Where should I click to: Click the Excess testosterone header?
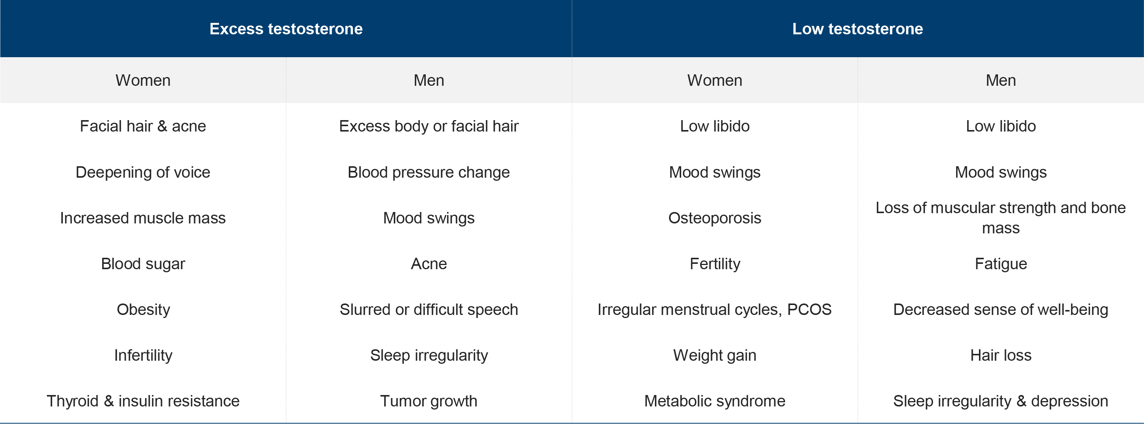pyautogui.click(x=286, y=29)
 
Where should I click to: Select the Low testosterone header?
pyautogui.click(x=858, y=29)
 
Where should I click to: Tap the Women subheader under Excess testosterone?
pyautogui.click(x=143, y=80)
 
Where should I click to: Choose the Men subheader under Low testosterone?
pyautogui.click(x=1001, y=80)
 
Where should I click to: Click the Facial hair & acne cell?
pyautogui.click(x=143, y=126)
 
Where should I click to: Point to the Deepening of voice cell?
pyautogui.click(x=143, y=172)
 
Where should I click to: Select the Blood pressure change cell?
pyautogui.click(x=428, y=172)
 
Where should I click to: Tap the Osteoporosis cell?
pyautogui.click(x=714, y=218)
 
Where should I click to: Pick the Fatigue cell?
pyautogui.click(x=1001, y=264)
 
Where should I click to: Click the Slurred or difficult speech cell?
pyautogui.click(x=428, y=310)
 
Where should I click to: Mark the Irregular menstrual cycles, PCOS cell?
pyautogui.click(x=714, y=310)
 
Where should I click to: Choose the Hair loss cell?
pyautogui.click(x=1001, y=355)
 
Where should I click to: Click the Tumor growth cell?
pyautogui.click(x=428, y=401)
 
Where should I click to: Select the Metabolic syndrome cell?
pyautogui.click(x=714, y=401)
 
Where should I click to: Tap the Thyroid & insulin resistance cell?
pyautogui.click(x=143, y=401)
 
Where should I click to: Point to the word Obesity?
pyautogui.click(x=143, y=310)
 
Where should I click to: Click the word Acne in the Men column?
pyautogui.click(x=428, y=264)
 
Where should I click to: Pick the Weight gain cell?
pyautogui.click(x=714, y=355)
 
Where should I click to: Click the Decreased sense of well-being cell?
pyautogui.click(x=1001, y=310)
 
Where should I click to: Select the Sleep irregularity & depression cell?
pyautogui.click(x=1001, y=401)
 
